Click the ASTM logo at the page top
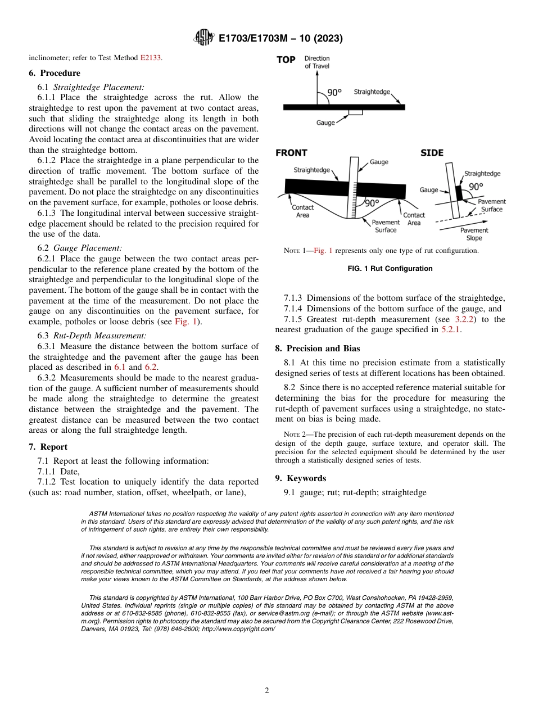point(203,38)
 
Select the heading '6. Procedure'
point(55,73)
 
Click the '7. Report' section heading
point(48,447)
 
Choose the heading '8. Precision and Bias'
point(318,349)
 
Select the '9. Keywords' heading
point(301,478)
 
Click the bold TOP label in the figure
point(286,60)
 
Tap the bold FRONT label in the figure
point(292,153)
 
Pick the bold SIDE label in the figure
point(432,153)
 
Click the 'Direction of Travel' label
point(317,62)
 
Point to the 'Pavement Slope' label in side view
point(474,234)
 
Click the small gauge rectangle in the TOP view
point(355,112)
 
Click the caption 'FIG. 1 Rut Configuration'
point(390,269)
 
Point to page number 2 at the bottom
point(266,691)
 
